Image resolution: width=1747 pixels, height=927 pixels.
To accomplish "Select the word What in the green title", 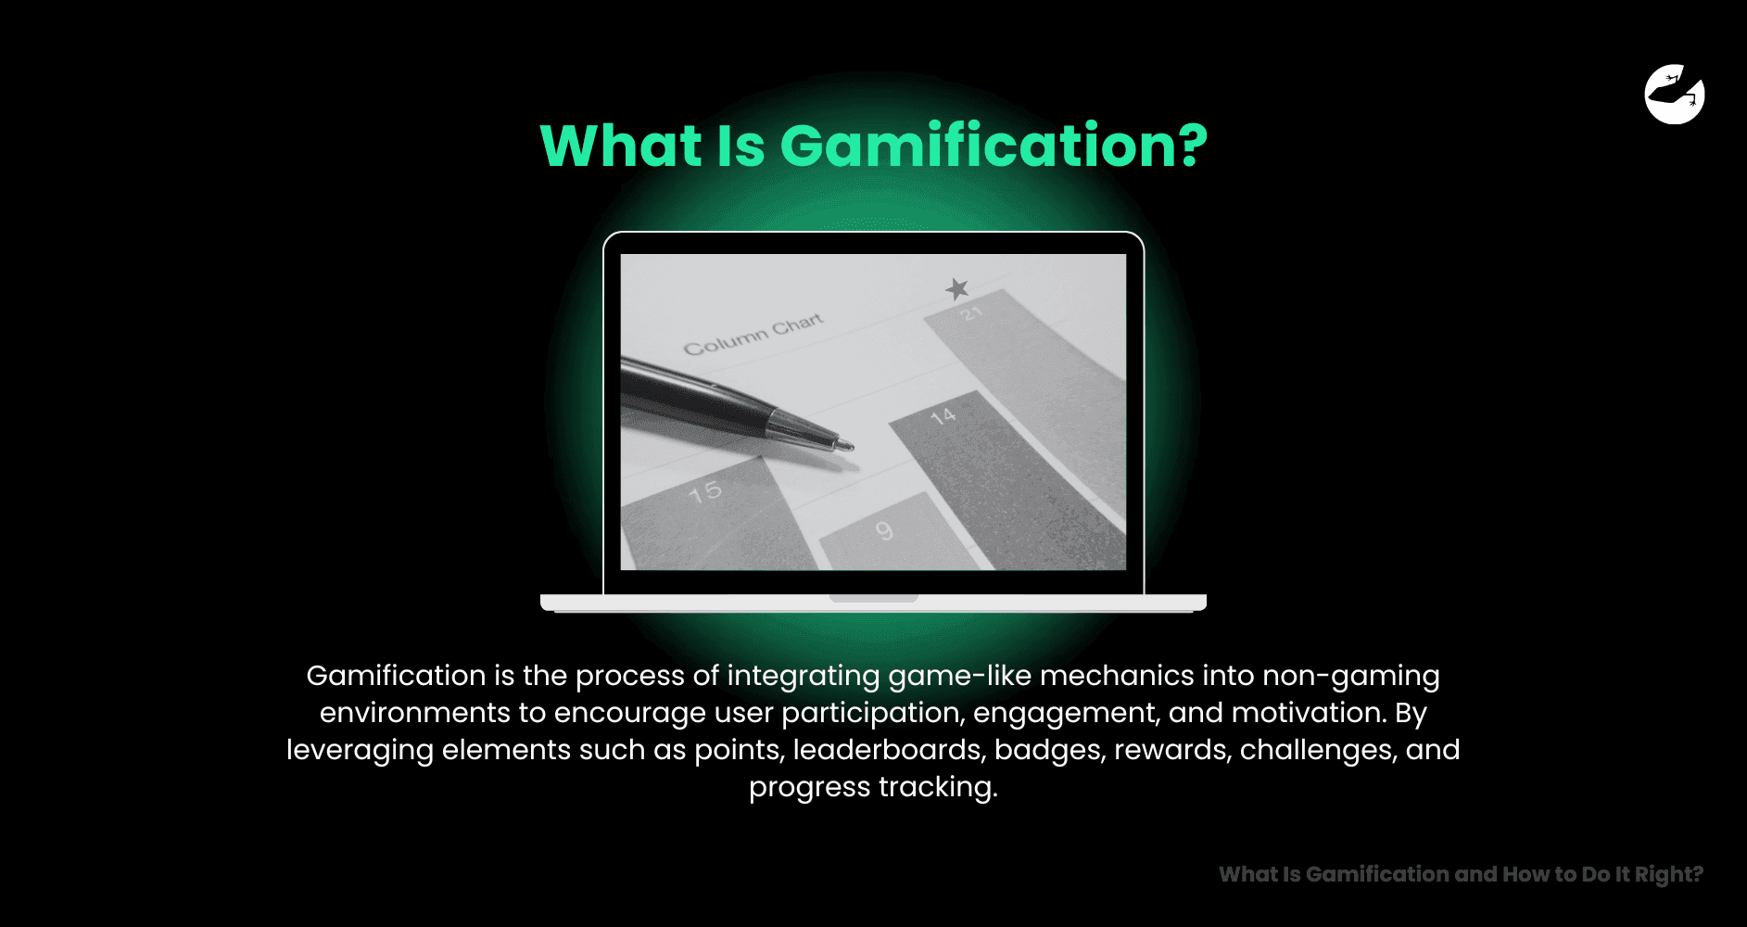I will (x=621, y=146).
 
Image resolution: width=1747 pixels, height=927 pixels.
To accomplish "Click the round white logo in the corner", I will (x=1674, y=94).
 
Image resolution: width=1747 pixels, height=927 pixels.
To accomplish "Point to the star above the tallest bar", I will (x=957, y=289).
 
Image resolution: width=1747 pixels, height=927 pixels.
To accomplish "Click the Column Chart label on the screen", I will (x=753, y=334).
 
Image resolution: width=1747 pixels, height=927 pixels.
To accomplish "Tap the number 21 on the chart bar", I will (x=970, y=314).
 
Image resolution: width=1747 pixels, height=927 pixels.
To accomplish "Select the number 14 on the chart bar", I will (x=943, y=416).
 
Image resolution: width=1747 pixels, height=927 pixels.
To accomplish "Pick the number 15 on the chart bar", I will (x=704, y=491).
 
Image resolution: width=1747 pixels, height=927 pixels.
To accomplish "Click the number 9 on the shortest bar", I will (x=884, y=530).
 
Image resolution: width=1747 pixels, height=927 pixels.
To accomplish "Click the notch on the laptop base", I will (x=873, y=599).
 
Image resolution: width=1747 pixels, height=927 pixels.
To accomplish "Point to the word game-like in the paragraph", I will (x=959, y=676).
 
